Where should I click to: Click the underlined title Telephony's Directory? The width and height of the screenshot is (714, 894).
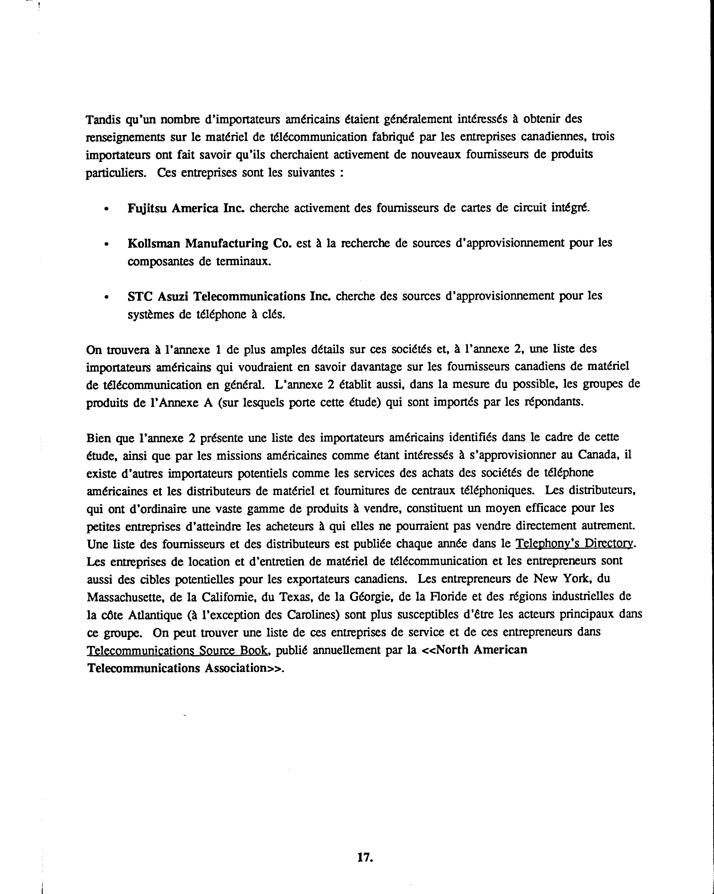pos(575,544)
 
